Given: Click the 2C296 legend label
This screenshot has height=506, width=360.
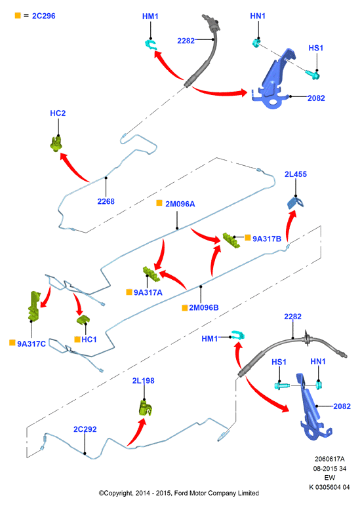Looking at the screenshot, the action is [43, 16].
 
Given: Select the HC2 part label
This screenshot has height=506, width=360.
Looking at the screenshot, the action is [58, 113].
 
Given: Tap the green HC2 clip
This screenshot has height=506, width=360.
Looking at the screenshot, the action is [56, 144].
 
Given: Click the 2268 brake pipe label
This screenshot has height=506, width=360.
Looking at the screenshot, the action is [106, 201].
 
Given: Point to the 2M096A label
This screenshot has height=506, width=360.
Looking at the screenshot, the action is [180, 204].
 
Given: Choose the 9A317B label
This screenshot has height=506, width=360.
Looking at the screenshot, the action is [267, 239].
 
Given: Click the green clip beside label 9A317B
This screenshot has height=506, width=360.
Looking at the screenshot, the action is [231, 240].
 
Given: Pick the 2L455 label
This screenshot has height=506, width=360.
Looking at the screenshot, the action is [296, 174].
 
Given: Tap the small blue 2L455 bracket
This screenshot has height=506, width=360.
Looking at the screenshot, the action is [296, 203].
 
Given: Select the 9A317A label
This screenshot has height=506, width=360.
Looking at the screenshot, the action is [148, 293].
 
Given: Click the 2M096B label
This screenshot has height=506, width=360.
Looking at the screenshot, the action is [204, 307].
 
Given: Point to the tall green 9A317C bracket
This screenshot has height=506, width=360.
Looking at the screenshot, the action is [34, 306].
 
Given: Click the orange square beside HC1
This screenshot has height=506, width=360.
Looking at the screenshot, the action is [77, 339].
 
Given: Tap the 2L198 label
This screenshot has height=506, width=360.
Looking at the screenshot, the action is [144, 381].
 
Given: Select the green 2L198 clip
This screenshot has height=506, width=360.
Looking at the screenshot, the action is [146, 408].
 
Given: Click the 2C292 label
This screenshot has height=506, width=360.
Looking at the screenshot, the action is [85, 429].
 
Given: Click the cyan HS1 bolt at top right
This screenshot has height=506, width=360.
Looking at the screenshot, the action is [313, 75].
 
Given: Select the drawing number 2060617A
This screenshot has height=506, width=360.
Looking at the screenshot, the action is [330, 459].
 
